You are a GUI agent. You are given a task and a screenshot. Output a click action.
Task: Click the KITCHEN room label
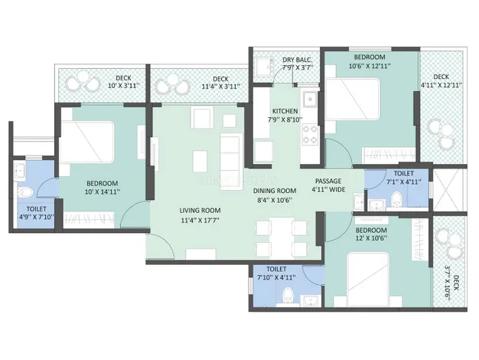[x=285, y=111]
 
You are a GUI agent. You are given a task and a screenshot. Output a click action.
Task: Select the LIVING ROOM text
[x=200, y=211]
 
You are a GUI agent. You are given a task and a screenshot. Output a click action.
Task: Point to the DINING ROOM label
[x=275, y=191]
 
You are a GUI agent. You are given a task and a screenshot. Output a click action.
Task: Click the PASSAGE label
[x=328, y=181]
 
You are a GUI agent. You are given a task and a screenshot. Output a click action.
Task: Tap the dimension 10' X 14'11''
[x=103, y=192]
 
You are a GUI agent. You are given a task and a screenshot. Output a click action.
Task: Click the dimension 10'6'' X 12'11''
[x=370, y=66]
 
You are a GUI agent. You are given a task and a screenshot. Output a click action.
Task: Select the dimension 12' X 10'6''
[x=371, y=238]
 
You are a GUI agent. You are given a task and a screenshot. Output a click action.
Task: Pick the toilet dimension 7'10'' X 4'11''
[x=276, y=278]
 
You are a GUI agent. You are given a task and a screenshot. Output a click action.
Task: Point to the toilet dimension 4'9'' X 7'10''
[x=37, y=218]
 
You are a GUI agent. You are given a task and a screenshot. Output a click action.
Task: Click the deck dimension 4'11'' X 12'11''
[x=441, y=85]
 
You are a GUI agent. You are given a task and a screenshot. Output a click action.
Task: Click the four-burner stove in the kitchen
[x=310, y=134]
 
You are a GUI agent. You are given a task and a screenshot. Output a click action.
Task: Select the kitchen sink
[x=311, y=99]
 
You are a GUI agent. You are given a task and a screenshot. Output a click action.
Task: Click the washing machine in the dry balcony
[x=265, y=67]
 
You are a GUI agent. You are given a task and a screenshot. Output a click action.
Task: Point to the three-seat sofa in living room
[x=232, y=162]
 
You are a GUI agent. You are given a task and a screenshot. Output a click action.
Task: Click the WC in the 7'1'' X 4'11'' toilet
[x=396, y=199]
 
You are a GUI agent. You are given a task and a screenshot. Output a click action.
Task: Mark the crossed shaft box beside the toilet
[x=448, y=190]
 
